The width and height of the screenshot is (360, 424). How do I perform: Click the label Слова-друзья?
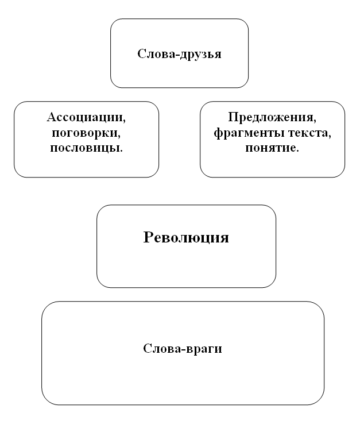pos(180,54)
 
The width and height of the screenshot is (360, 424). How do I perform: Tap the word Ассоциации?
pos(85,118)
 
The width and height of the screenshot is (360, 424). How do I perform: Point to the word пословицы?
pos(84,148)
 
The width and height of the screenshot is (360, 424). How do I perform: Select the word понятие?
pos(270,148)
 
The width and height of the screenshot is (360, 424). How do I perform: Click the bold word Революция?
pos(186,238)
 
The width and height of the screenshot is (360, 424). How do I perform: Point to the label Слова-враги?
pos(183,349)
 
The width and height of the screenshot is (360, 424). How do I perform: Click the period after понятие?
pos(297,151)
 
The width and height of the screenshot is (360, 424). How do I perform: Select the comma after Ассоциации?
pos(125,121)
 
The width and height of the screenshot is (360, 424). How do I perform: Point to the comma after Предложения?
pos(315,121)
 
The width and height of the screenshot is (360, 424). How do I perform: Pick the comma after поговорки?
pos(119,137)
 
